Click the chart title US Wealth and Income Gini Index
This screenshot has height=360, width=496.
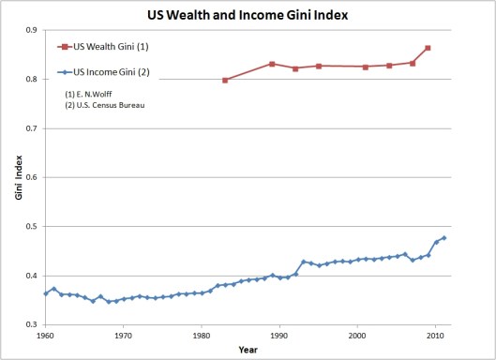pos(248,14)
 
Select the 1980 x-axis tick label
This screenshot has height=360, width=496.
pos(201,334)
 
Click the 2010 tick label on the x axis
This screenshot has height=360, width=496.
pos(434,334)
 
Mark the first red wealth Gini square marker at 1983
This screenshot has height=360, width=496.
pos(225,80)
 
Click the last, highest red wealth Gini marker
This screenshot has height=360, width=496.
pos(428,48)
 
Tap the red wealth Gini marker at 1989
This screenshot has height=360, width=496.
pos(272,64)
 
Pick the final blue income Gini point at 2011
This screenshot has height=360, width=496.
pos(443,238)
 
